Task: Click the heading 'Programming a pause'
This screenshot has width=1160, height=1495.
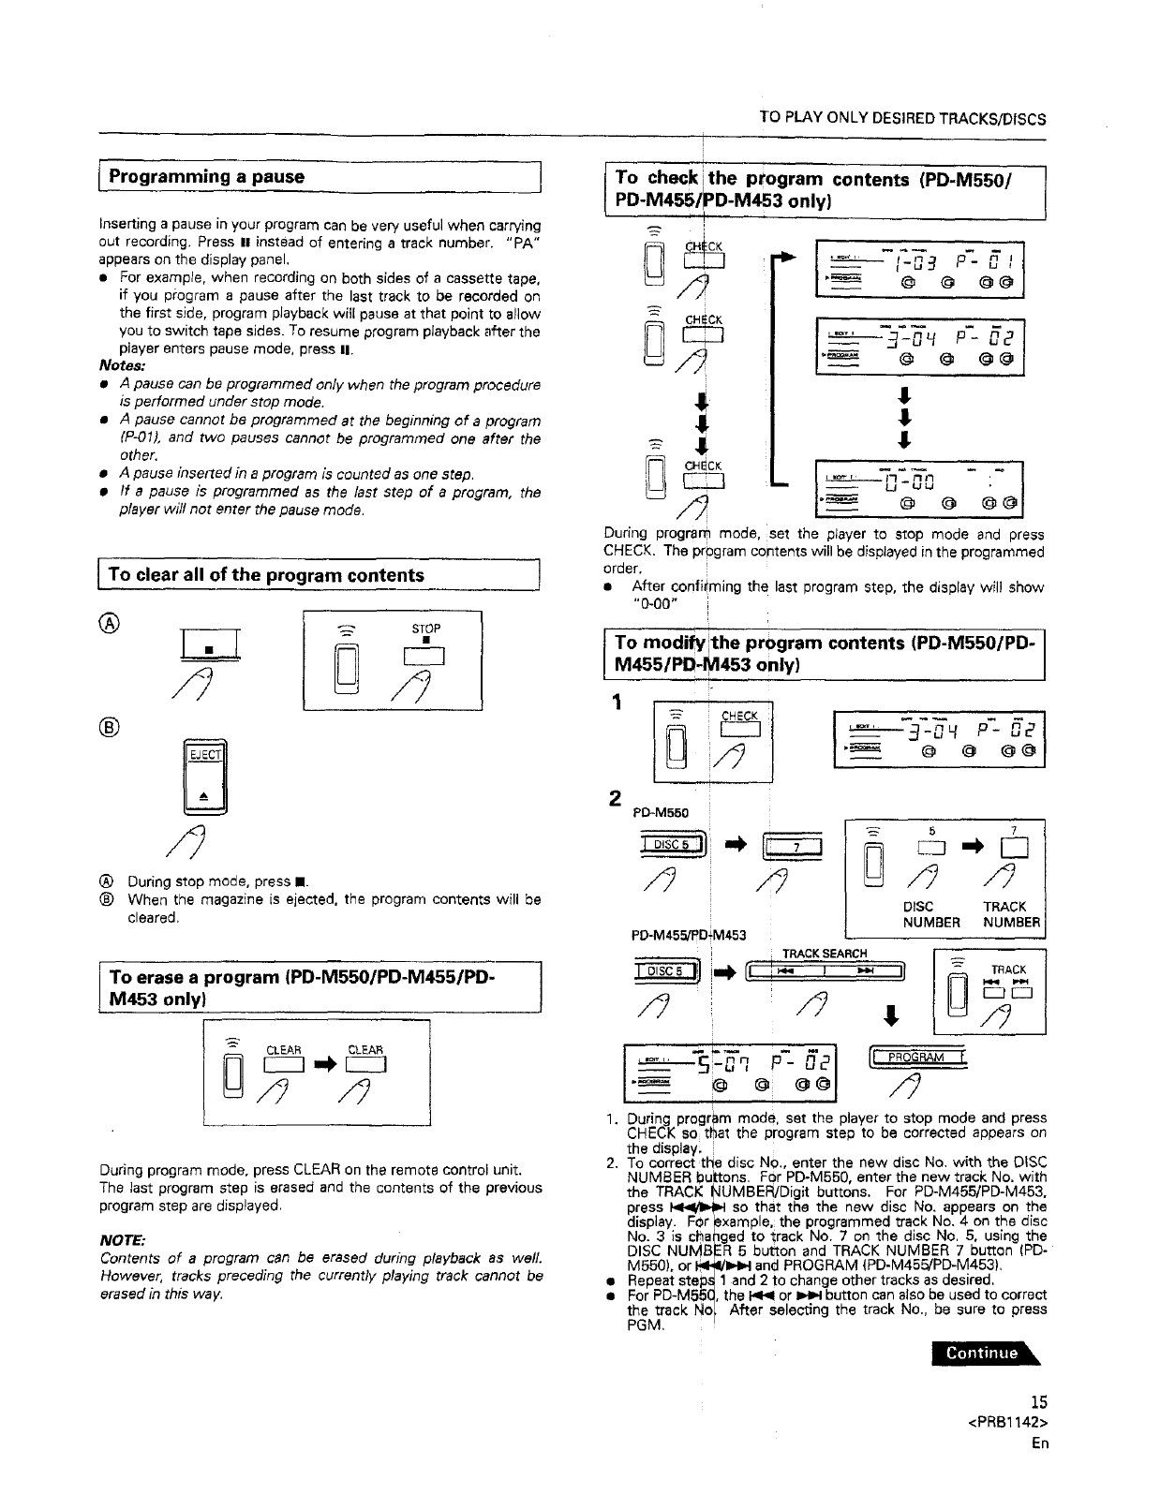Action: coord(207,177)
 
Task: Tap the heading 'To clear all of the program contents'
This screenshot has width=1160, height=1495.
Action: coord(266,575)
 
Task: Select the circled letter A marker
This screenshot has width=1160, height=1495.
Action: coord(110,621)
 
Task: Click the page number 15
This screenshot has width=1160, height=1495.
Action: coord(1037,1402)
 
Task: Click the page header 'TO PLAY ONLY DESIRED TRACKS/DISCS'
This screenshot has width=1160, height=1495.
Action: coord(902,119)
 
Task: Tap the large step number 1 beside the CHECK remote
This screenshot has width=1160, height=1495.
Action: coord(617,705)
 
